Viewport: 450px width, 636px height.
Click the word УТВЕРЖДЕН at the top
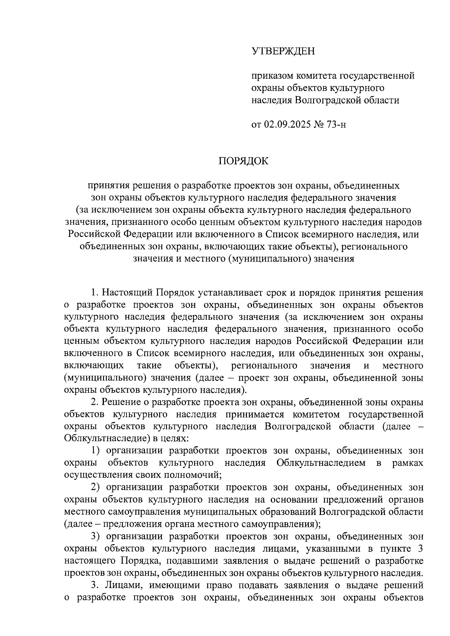(x=283, y=51)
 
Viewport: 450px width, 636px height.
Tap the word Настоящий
(x=126, y=292)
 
